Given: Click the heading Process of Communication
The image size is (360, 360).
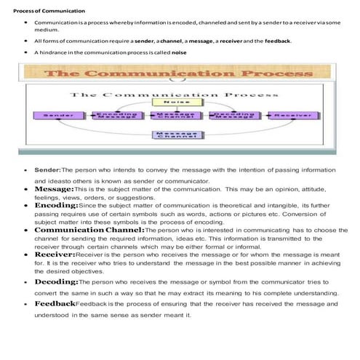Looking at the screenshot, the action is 49,11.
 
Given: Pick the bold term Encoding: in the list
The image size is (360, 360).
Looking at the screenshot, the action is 55,206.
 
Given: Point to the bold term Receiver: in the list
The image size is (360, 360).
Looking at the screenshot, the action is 55,255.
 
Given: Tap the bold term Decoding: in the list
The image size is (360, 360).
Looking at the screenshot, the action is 55,281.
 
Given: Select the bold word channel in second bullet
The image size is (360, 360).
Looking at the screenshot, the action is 169,41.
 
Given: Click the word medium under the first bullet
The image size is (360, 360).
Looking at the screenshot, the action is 46,31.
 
